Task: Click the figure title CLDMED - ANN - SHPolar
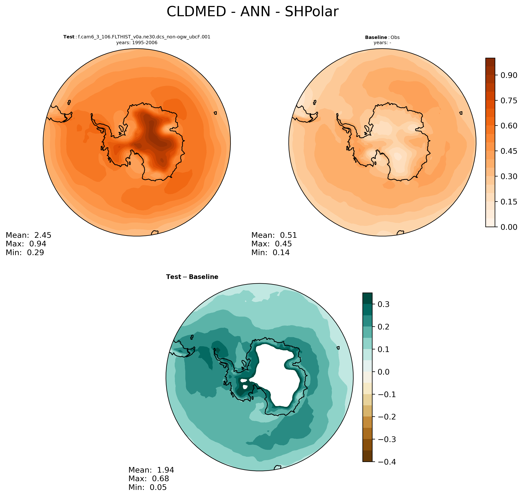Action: click(252, 12)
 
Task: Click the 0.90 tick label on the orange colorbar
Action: click(508, 75)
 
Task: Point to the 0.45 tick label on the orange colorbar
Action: click(508, 151)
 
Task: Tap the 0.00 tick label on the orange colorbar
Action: click(508, 227)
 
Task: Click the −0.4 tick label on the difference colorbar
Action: click(387, 462)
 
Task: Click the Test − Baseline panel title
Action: click(192, 277)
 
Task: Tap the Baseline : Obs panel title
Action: click(382, 37)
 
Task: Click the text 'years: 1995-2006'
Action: click(137, 43)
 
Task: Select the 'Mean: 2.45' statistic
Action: click(28, 235)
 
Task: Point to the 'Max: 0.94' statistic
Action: click(26, 244)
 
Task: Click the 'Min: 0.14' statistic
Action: click(270, 253)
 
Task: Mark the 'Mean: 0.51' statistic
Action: click(274, 235)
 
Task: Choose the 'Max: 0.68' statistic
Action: click(149, 479)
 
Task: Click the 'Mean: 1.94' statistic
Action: click(151, 470)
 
